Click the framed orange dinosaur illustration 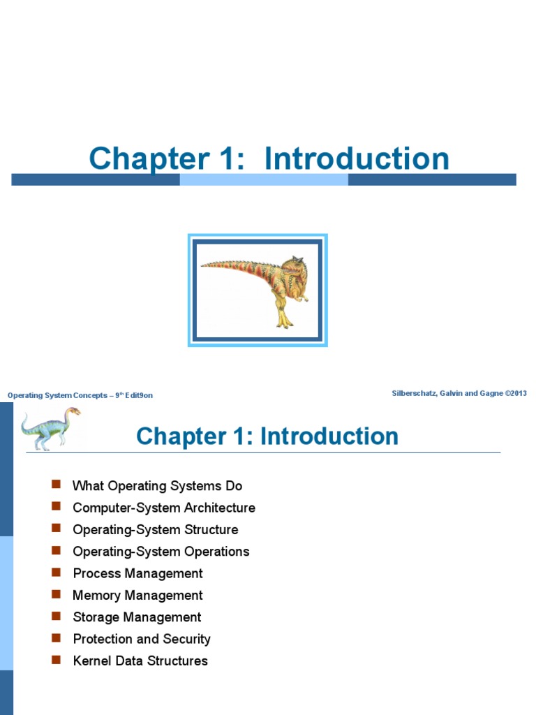pos(258,290)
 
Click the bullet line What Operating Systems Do pos(157,486)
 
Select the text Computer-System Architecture pos(164,508)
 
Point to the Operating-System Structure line pos(155,529)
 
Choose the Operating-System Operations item pos(161,552)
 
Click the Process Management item pos(137,573)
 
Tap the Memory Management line pos(137,595)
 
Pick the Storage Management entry pos(137,617)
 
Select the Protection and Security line pos(141,639)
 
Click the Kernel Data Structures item pos(140,661)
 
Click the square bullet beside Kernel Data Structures pos(56,660)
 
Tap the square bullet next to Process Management pos(56,573)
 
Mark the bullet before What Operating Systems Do pos(56,485)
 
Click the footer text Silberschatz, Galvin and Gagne pos(459,393)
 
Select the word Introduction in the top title pos(357,159)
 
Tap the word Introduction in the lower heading pos(329,436)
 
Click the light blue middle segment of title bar pos(264,179)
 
